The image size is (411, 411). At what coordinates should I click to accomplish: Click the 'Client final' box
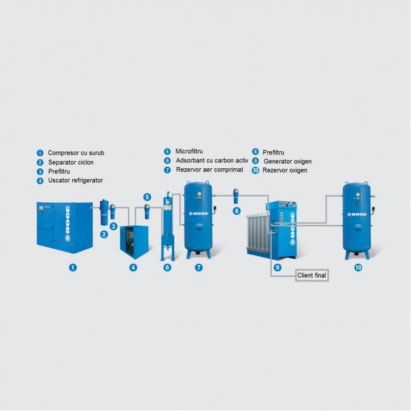[x=312, y=275]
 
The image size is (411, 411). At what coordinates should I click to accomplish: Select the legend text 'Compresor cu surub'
[x=76, y=153]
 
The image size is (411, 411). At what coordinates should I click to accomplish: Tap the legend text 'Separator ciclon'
[x=71, y=162]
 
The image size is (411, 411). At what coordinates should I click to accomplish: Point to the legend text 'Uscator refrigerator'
[x=76, y=180]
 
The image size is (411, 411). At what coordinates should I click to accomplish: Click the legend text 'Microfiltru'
[x=189, y=151]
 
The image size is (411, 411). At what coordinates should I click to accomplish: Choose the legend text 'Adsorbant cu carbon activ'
[x=212, y=161]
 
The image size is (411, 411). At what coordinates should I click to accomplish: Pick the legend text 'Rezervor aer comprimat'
[x=209, y=169]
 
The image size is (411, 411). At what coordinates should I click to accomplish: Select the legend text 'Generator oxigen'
[x=288, y=162]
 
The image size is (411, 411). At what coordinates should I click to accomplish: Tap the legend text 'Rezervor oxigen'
[x=285, y=170]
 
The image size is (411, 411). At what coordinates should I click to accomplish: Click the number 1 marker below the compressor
[x=73, y=267]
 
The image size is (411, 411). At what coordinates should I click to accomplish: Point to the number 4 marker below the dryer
[x=133, y=267]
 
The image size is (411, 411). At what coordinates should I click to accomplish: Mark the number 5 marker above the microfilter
[x=147, y=197]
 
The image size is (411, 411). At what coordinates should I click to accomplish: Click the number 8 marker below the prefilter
[x=237, y=211]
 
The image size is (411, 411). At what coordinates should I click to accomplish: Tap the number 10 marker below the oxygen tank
[x=358, y=267]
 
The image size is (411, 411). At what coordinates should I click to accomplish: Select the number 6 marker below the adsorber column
[x=167, y=267]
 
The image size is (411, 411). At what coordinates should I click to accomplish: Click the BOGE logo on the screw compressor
[x=67, y=224]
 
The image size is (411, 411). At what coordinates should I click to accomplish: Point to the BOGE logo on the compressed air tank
[x=199, y=213]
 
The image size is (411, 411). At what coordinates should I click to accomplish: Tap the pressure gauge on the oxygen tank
[x=357, y=195]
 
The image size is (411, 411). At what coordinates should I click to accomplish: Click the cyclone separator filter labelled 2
[x=104, y=212]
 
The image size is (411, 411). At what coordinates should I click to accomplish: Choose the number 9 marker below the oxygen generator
[x=277, y=267]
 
